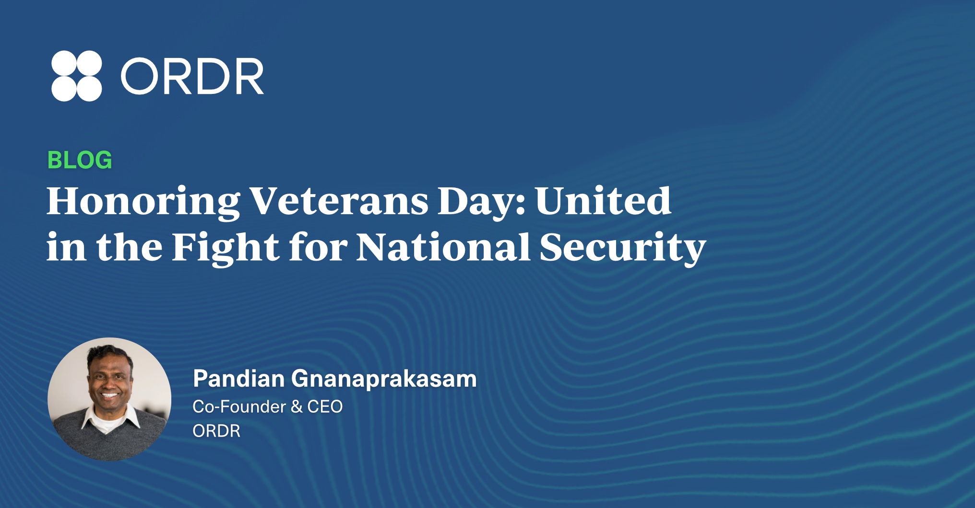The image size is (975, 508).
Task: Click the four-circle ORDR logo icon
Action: click(x=76, y=76)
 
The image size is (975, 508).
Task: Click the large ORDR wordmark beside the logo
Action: click(x=192, y=76)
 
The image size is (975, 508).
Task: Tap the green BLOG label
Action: click(x=80, y=160)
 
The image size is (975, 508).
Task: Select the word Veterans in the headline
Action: click(x=339, y=201)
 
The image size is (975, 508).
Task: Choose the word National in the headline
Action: click(x=443, y=247)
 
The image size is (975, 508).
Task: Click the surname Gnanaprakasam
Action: click(x=384, y=380)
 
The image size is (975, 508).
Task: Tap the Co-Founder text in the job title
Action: click(x=239, y=406)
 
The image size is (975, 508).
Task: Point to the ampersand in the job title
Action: click(x=296, y=407)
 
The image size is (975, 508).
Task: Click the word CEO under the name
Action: click(x=325, y=406)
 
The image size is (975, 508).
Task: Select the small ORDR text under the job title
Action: click(x=216, y=431)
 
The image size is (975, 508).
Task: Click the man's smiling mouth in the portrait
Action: click(x=109, y=396)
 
